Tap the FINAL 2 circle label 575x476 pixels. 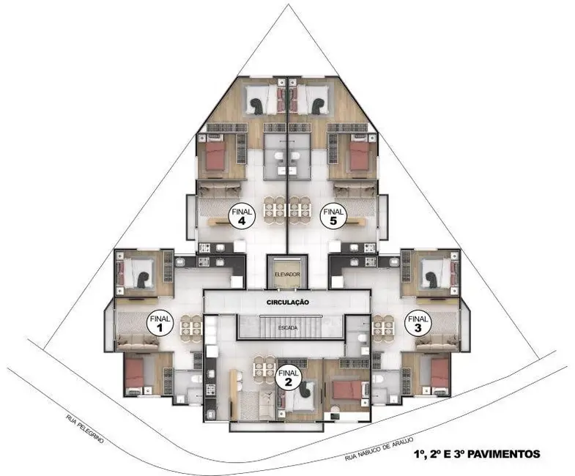tap(289, 375)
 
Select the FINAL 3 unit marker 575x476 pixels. tap(418, 324)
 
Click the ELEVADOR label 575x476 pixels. tap(287, 274)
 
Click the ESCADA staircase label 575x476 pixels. tap(288, 328)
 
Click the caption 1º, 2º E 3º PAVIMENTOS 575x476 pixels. tap(477, 454)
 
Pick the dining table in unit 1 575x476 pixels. tap(190, 327)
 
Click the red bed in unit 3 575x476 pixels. tap(439, 373)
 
